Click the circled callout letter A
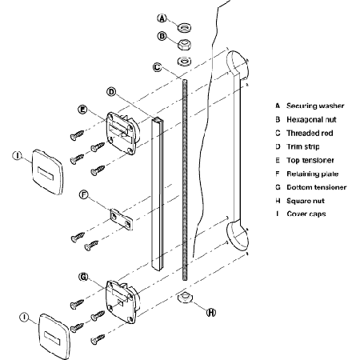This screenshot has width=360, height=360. point(162,18)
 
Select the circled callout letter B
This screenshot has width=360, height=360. point(162,36)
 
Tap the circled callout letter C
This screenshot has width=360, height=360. point(158,67)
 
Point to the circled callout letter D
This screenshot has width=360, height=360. point(111,92)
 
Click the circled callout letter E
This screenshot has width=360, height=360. point(82,110)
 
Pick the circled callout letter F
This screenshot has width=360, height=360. point(84,195)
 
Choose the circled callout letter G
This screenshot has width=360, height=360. point(83,277)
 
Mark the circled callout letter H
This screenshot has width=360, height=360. point(211,312)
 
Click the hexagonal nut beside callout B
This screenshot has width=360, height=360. point(184,44)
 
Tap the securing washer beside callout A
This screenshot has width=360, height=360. point(184,27)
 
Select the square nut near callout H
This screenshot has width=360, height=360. point(185,298)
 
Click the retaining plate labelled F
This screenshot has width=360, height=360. point(122,219)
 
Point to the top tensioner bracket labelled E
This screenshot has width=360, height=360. point(123,133)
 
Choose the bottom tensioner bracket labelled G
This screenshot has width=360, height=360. point(123,302)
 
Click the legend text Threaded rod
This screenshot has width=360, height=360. point(310,133)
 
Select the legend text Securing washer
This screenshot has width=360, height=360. point(315,106)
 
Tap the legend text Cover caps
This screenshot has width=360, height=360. point(306,214)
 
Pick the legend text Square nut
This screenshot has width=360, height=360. point(306,201)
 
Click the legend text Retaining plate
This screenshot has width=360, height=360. point(313,174)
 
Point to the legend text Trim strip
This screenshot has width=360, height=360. point(303,146)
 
